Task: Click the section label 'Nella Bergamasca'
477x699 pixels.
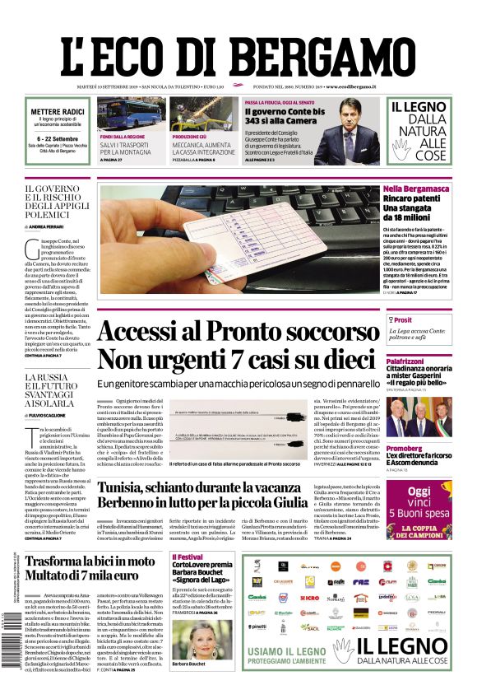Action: coord(416,189)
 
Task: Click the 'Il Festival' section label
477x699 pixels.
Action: coord(187,557)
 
